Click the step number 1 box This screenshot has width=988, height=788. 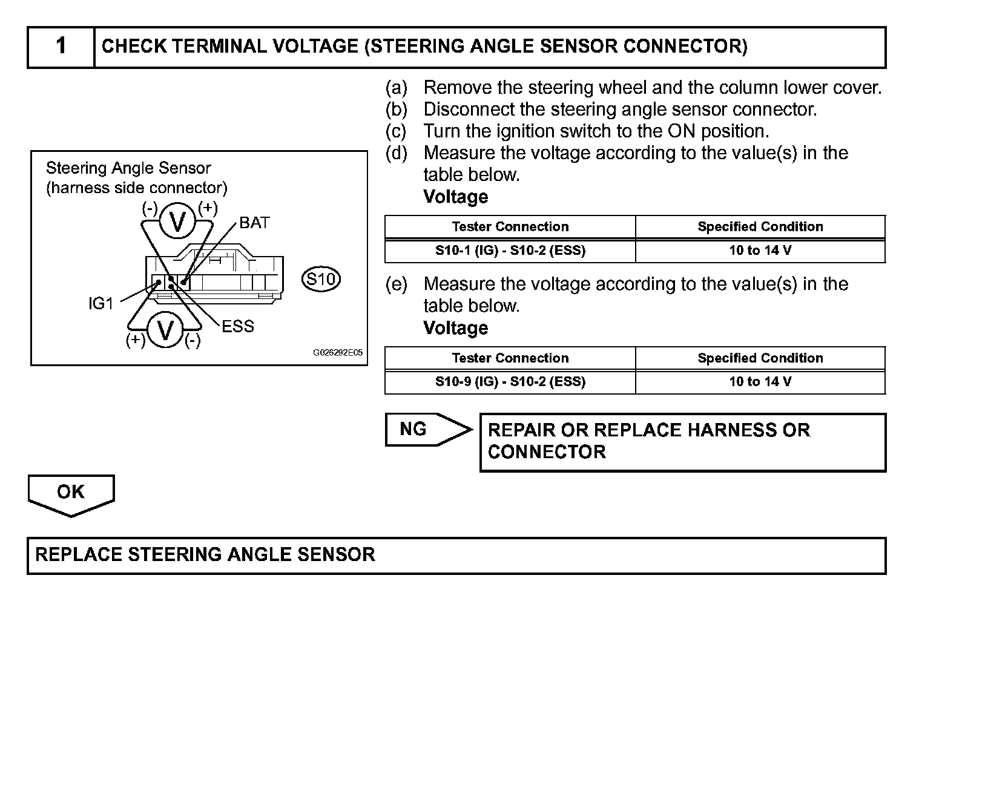point(61,47)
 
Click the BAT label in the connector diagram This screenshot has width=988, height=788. point(254,223)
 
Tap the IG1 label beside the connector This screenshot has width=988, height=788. point(101,304)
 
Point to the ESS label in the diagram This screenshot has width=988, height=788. point(238,327)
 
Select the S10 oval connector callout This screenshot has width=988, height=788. point(321,279)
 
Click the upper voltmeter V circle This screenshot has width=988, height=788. point(177,222)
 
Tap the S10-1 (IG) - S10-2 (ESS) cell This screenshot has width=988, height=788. point(510,251)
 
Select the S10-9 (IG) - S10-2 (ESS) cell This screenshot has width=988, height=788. point(510,382)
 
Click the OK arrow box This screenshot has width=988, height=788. point(71,493)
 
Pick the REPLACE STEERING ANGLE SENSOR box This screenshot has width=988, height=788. point(456,555)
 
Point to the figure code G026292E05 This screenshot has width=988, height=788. point(338,353)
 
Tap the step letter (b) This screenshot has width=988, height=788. point(397,110)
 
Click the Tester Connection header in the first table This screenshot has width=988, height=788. point(510,227)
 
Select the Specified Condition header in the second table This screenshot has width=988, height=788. point(760,358)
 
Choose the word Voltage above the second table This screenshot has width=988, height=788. point(455,328)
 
